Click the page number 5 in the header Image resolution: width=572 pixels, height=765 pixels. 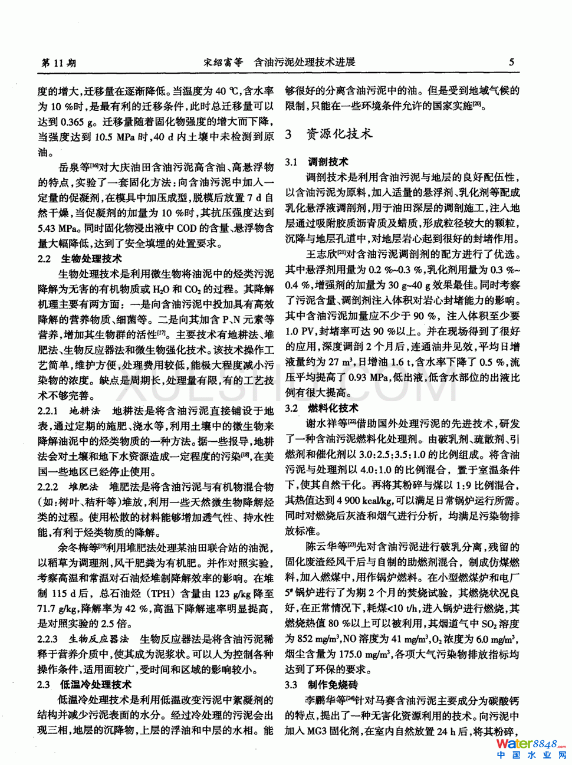[511, 62]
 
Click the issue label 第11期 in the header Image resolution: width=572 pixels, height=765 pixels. [58, 63]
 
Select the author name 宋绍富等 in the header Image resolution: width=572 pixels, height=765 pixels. [223, 62]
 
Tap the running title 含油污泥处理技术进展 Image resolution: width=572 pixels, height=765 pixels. [304, 62]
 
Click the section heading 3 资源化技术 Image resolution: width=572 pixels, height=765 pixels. [329, 134]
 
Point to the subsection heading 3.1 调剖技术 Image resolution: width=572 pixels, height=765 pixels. [317, 162]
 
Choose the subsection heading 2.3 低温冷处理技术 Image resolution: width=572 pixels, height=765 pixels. [84, 684]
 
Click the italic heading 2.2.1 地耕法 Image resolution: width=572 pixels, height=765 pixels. [69, 411]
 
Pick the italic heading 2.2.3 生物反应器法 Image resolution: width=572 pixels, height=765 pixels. [83, 639]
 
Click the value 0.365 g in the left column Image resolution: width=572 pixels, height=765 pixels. [79, 122]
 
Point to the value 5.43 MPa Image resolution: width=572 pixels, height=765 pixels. [58, 228]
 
